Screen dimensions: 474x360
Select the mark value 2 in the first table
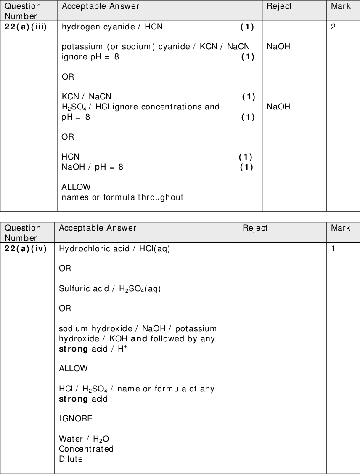pyautogui.click(x=333, y=27)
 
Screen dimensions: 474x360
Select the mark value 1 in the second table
pyautogui.click(x=333, y=249)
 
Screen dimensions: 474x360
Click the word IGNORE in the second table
pyautogui.click(x=76, y=419)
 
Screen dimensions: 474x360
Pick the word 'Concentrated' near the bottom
pyautogui.click(x=86, y=449)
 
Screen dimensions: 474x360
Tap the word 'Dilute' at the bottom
pyautogui.click(x=71, y=459)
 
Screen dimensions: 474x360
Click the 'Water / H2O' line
pyautogui.click(x=84, y=439)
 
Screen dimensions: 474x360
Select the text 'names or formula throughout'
pyautogui.click(x=122, y=197)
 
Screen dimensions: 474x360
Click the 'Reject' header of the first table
pyautogui.click(x=279, y=6)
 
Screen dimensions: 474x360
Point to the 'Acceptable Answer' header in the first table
pyautogui.click(x=100, y=6)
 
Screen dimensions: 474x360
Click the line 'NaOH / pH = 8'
pyautogui.click(x=92, y=167)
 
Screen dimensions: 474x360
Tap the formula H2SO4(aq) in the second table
pyautogui.click(x=140, y=289)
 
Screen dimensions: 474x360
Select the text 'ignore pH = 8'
pyautogui.click(x=90, y=57)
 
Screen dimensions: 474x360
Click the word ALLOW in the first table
pyautogui.click(x=76, y=187)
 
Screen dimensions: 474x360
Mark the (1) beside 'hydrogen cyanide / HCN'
pyautogui.click(x=247, y=27)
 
